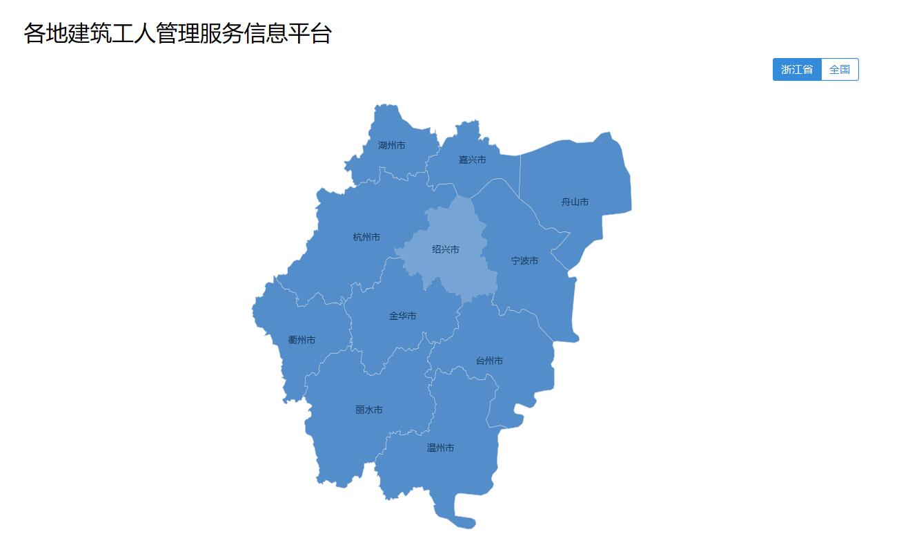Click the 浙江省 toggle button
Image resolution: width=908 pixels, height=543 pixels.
point(797,70)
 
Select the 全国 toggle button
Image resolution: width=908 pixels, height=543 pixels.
point(840,70)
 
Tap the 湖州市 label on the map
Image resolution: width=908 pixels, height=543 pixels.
point(392,146)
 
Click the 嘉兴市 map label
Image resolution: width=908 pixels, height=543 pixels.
point(473,160)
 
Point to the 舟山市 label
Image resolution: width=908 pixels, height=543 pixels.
point(575,202)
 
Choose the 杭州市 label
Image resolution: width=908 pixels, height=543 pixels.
point(366,238)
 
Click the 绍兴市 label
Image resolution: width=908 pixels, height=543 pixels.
point(446,249)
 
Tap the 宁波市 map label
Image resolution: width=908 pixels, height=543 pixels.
point(524,261)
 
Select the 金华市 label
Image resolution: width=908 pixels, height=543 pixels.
point(403,316)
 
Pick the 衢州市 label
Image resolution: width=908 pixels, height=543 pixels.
point(302,340)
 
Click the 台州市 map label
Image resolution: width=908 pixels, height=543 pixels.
point(489,361)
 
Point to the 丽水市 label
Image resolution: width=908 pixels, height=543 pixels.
point(369,410)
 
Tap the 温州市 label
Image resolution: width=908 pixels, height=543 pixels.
point(440,448)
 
